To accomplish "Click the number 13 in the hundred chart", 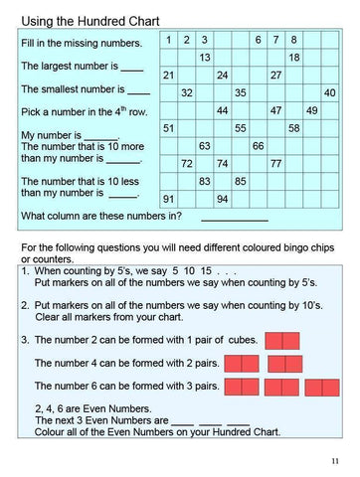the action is pyautogui.click(x=204, y=58).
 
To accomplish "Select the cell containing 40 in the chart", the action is pyautogui.click(x=330, y=92).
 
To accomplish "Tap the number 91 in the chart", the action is pyautogui.click(x=169, y=199).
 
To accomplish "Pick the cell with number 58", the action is pyautogui.click(x=294, y=128).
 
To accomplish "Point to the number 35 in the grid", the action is pyautogui.click(x=240, y=92).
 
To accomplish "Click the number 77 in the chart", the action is pyautogui.click(x=275, y=163).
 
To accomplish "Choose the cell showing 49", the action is pyautogui.click(x=312, y=110).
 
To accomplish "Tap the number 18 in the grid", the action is pyautogui.click(x=294, y=58).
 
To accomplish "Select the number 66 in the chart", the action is pyautogui.click(x=258, y=146).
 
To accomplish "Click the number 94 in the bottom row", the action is pyautogui.click(x=222, y=199).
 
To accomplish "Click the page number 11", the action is pyautogui.click(x=334, y=460).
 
